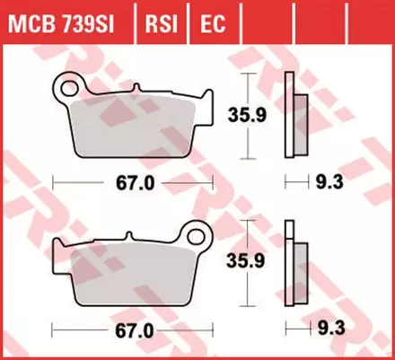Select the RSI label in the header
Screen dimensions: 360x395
click(x=161, y=20)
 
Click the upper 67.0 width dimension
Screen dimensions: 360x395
click(x=133, y=182)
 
